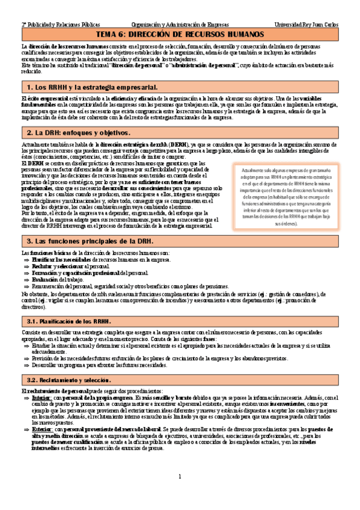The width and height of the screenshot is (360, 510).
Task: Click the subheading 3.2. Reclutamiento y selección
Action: point(69,381)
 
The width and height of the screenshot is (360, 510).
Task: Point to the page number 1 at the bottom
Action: point(180,494)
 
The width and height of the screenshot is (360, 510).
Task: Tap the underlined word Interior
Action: point(41,398)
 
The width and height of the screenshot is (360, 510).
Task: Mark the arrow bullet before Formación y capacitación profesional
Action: point(26,273)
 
